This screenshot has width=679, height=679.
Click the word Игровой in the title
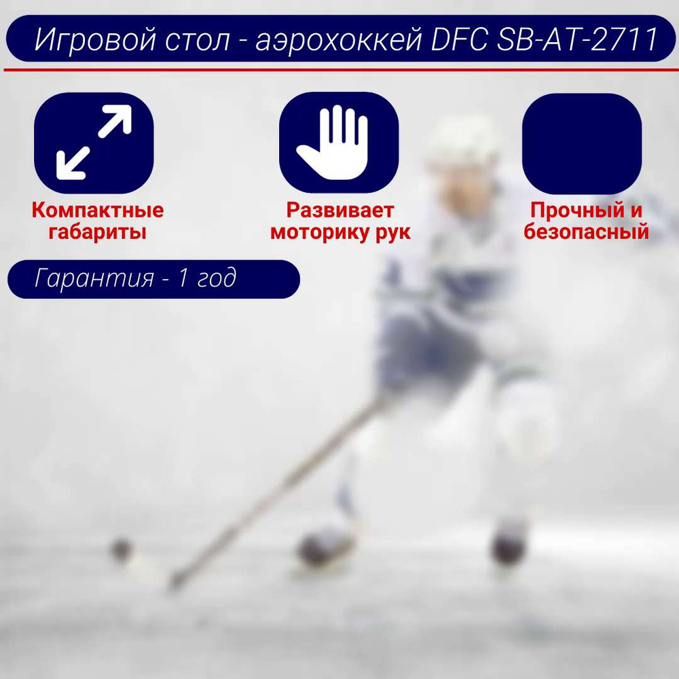(x=95, y=39)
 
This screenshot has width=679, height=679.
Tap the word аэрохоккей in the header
(x=339, y=39)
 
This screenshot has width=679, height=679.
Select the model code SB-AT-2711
(x=577, y=39)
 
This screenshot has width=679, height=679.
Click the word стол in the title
(x=198, y=40)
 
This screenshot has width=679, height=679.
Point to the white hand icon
(x=333, y=143)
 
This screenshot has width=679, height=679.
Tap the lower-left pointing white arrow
(x=73, y=163)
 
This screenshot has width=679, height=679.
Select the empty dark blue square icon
(x=582, y=143)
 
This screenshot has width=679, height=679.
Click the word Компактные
(x=97, y=210)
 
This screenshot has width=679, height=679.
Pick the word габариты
(x=97, y=232)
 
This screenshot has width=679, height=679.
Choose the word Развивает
(x=340, y=210)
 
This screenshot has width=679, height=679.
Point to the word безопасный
(x=587, y=232)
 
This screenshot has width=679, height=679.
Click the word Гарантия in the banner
(x=94, y=278)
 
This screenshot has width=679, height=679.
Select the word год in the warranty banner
(x=217, y=278)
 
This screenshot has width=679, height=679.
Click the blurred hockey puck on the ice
(x=121, y=549)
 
